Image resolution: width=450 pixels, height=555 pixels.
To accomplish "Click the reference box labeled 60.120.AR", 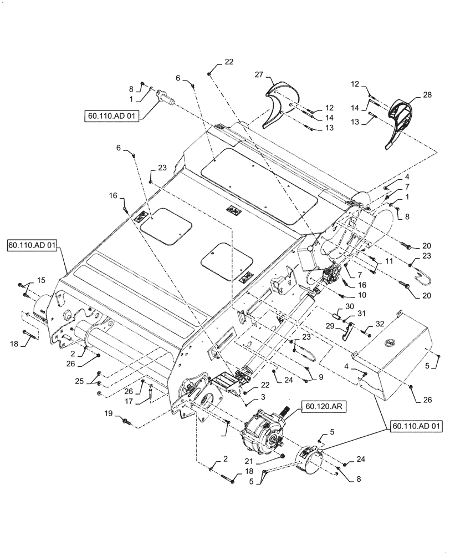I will pyautogui.click(x=324, y=407).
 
